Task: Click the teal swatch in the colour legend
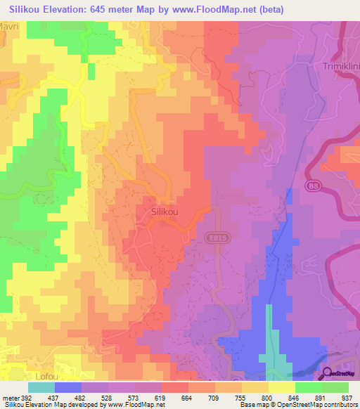coord(41,387)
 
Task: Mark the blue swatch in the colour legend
coord(67,387)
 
